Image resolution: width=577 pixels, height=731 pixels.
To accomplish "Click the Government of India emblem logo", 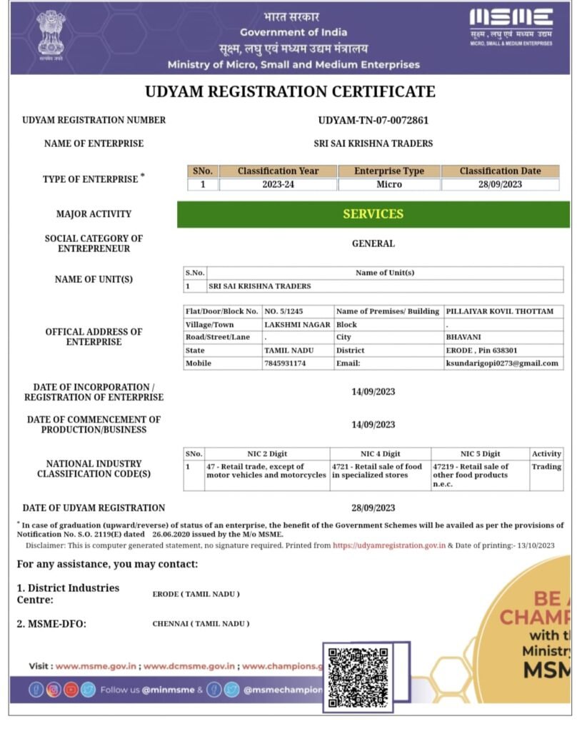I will point(50,36).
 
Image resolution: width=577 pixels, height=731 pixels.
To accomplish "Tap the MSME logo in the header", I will point(511,27).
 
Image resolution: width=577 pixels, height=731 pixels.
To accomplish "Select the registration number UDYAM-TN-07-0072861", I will point(373,120).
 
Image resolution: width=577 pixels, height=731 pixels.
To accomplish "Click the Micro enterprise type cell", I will point(389,184).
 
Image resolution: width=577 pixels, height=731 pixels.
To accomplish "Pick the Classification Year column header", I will point(278,171).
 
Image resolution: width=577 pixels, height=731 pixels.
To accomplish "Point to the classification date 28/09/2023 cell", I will point(500,184).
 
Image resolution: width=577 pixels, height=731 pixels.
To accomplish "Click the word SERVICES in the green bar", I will point(373,214).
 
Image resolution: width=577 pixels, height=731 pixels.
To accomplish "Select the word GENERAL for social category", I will point(373,243).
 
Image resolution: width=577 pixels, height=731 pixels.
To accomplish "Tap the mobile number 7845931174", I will point(286,363).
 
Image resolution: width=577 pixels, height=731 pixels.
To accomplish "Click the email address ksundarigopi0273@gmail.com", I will point(501,363).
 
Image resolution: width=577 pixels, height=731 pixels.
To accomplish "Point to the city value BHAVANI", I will point(463,338).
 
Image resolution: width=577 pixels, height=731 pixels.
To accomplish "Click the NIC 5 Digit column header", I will point(480,454).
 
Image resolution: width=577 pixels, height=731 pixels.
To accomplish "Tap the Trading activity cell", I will point(546,467).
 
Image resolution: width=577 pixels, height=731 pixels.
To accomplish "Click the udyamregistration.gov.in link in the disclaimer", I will point(389,545).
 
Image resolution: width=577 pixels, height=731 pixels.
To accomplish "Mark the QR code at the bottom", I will point(358,677).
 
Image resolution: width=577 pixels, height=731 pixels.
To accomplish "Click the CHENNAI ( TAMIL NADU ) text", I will point(201,623).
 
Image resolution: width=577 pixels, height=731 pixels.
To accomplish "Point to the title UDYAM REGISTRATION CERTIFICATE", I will point(290,91).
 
